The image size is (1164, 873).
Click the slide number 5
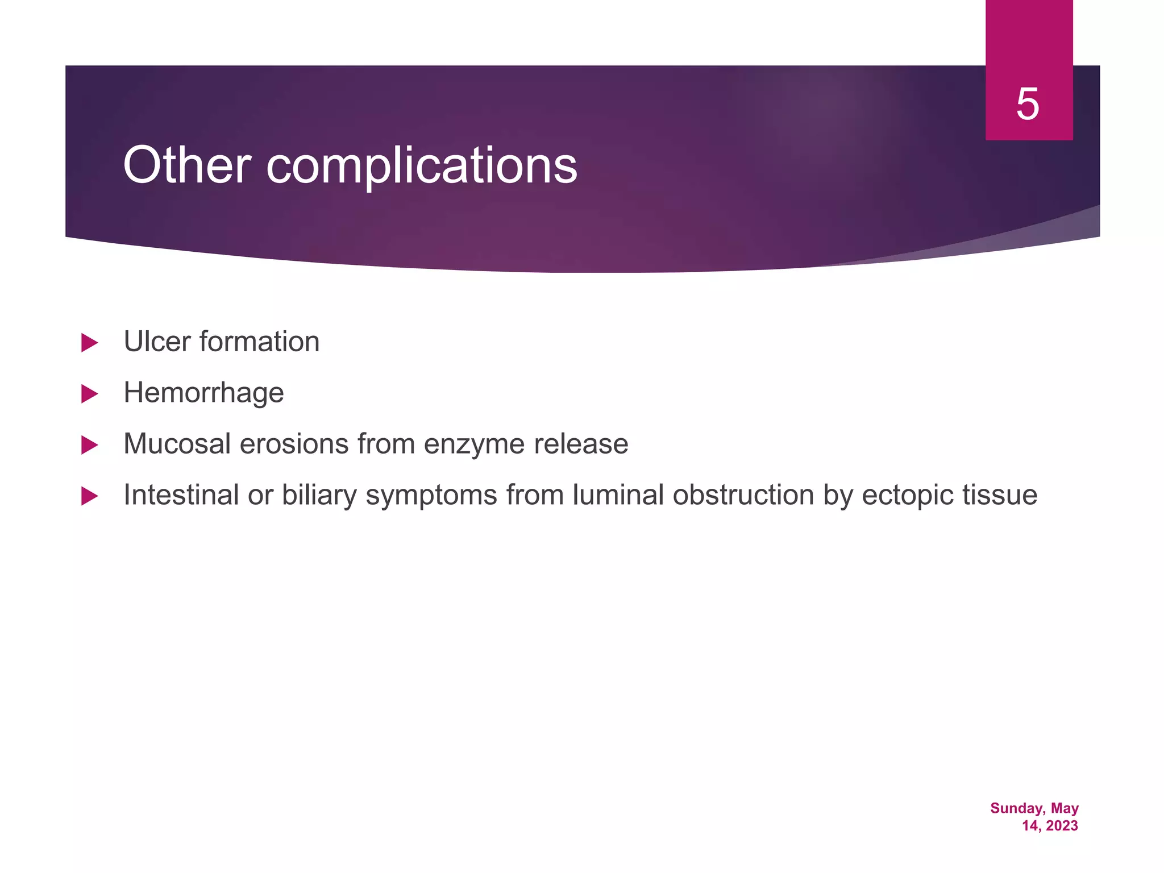1028,105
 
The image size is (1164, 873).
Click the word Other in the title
186,165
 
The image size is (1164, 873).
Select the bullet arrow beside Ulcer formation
89,343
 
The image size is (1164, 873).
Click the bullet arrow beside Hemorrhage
89,394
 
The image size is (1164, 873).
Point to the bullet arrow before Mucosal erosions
89,445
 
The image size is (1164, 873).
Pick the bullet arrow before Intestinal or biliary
89,496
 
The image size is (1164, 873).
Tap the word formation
259,342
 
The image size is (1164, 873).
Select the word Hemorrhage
203,393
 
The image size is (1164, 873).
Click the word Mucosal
177,444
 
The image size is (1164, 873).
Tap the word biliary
319,495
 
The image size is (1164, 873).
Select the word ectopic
907,495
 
